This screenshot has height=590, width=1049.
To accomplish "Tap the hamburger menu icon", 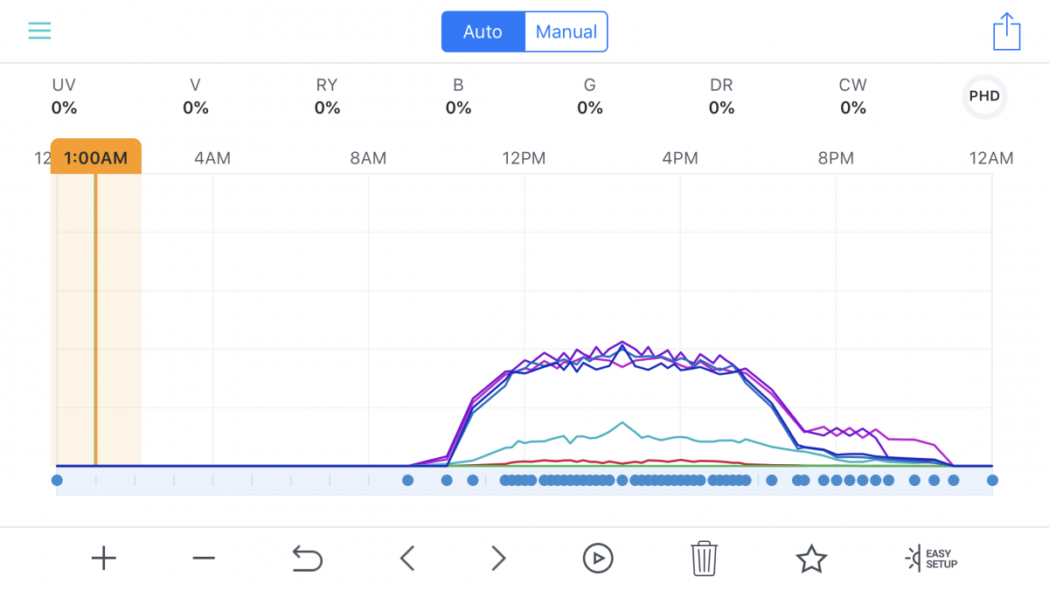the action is point(39,31).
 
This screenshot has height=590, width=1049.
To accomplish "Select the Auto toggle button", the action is point(483,31).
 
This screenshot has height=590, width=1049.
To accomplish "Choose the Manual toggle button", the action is point(566,31).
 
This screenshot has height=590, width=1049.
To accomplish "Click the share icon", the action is point(1007,31).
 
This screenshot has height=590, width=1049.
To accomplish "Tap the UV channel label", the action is point(64,86).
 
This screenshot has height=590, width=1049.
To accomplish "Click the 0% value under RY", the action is point(327,108).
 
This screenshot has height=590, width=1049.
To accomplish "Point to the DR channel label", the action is point(721,86).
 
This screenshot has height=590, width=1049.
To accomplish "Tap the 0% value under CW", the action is point(853,108).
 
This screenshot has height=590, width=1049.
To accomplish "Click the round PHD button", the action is point(984,96).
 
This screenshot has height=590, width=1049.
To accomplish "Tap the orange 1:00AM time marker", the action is point(96,156).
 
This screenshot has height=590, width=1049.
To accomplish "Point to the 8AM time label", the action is point(368,158).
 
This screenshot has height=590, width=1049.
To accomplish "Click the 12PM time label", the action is point(524,158).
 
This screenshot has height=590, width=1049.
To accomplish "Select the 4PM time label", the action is point(680,158).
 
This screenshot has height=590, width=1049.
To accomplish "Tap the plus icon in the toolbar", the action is point(103,559).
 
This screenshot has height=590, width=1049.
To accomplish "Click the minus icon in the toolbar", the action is point(204,559).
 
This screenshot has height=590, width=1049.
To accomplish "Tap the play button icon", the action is point(598,559).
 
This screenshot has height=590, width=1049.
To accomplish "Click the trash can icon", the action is point(704,559).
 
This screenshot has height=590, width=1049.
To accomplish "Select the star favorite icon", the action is point(811,559).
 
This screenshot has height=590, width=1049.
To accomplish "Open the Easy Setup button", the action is point(931,559).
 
